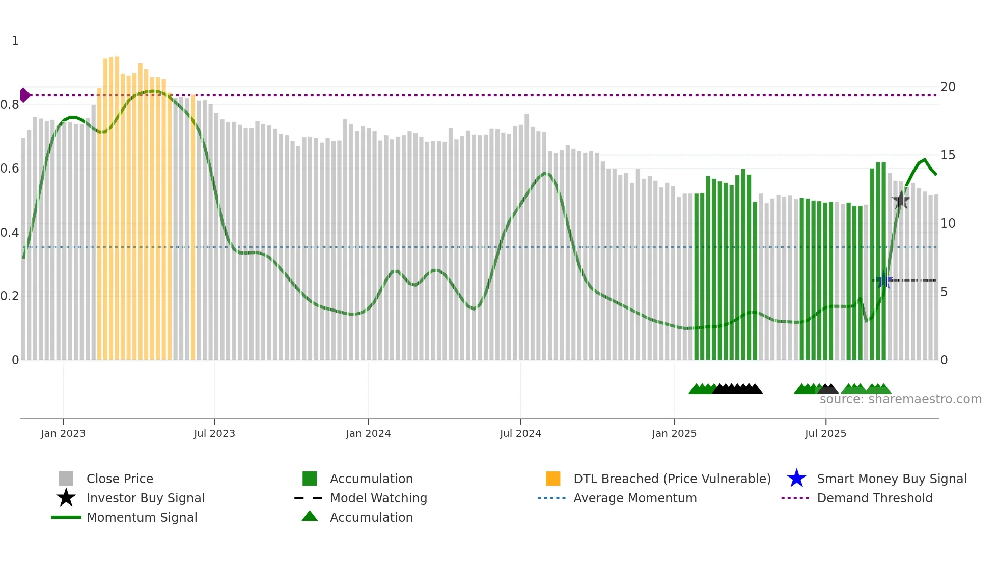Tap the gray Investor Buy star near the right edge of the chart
[x=901, y=201]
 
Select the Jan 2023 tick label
[x=63, y=433]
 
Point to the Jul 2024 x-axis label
[x=520, y=433]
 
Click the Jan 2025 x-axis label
[x=674, y=433]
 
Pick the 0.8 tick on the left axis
[x=10, y=105]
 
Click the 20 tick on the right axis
[x=948, y=87]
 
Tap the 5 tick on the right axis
[x=944, y=292]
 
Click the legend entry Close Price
[x=120, y=479]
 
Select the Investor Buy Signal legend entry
[x=145, y=498]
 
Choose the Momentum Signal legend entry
[x=142, y=517]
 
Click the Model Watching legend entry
[x=378, y=498]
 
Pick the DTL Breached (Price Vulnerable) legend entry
[x=672, y=479]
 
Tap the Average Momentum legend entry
[x=635, y=498]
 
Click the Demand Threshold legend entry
[x=874, y=498]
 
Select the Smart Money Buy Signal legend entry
[x=891, y=479]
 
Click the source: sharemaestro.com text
[x=900, y=399]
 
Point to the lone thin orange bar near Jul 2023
[x=193, y=229]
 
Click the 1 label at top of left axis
[x=15, y=41]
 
